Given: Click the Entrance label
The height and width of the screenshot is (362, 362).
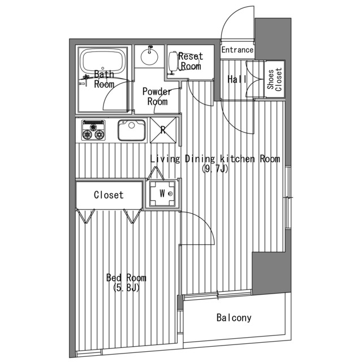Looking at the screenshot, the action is [x=238, y=50].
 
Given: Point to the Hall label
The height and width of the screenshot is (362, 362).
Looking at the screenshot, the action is [x=237, y=79].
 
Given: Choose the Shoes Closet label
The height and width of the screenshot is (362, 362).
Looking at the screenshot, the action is [x=275, y=79].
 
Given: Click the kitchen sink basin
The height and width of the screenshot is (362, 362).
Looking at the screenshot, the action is [x=132, y=130].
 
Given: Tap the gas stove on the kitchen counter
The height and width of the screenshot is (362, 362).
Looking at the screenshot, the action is [x=93, y=130].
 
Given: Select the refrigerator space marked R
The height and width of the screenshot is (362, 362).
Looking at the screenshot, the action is [x=163, y=130].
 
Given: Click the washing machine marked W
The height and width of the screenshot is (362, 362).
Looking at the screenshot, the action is [x=162, y=193].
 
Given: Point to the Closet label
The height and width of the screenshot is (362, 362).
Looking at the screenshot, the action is [x=109, y=195].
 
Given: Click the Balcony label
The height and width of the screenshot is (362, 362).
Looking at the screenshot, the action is [x=234, y=318].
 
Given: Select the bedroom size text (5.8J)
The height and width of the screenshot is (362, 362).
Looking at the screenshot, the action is [x=126, y=288].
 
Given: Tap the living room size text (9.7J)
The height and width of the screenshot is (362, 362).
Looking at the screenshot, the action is [x=215, y=169].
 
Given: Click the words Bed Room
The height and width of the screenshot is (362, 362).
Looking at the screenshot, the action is [x=126, y=278].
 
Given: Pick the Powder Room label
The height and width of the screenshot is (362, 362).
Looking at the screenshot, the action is [x=157, y=97].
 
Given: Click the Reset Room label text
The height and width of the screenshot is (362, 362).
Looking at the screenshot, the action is [x=191, y=61].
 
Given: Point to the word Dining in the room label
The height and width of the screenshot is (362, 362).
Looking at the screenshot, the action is [x=200, y=160].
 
